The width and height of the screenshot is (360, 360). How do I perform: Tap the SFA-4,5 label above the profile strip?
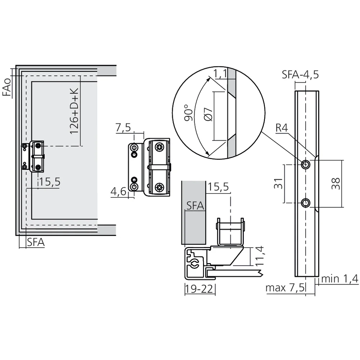[x=300, y=75]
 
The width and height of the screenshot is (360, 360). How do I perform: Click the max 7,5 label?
[x=285, y=288]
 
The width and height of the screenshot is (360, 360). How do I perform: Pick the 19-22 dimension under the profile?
[x=200, y=288]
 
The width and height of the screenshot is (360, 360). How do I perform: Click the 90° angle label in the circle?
[x=186, y=113]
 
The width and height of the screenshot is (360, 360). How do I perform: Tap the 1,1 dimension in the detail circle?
[x=220, y=74]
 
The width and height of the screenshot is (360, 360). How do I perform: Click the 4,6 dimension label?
[x=118, y=192]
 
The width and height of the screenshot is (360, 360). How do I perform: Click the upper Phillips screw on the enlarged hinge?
[x=159, y=147]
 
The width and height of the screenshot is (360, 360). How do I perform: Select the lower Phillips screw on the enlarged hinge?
[x=159, y=187]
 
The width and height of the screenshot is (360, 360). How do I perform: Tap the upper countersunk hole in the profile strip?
[x=306, y=165]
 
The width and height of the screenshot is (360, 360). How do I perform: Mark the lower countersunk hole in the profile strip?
[x=306, y=203]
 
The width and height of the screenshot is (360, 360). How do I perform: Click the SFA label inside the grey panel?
[x=195, y=206]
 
